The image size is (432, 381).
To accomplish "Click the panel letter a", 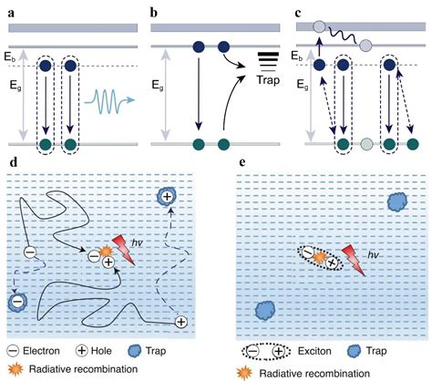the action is [x=12, y=14].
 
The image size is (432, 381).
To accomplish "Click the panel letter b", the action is [x=154, y=13].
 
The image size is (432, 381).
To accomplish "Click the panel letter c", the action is [x=298, y=14].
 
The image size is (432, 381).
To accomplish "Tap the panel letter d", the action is [x=14, y=162].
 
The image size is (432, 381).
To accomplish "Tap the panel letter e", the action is [x=242, y=162].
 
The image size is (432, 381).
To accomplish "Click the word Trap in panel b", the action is [x=268, y=79].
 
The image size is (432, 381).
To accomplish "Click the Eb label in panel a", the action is [x=9, y=57].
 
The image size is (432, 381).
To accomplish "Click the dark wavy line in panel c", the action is [x=344, y=36].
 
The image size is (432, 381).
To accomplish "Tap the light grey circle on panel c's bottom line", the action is [x=366, y=144].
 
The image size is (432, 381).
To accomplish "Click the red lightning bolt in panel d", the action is [x=124, y=250].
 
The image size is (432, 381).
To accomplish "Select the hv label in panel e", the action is [x=374, y=254].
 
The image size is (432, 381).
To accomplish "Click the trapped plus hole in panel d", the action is [x=167, y=197].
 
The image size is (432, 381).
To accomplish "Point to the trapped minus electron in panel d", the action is [x=17, y=302].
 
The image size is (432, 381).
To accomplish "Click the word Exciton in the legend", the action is [x=314, y=351].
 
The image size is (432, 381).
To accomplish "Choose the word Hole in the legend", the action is [x=101, y=351].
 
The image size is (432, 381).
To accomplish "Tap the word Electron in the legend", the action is [x=41, y=351].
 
